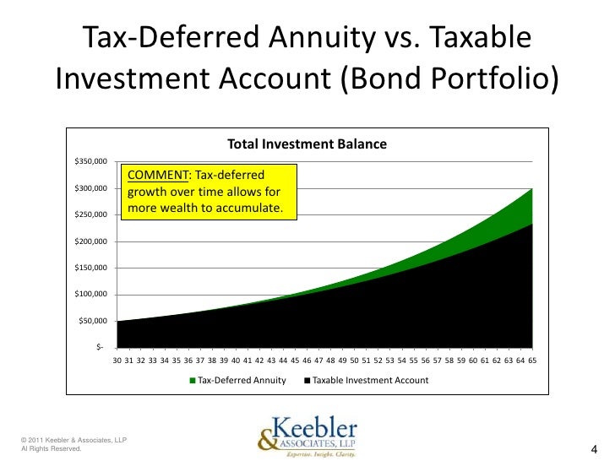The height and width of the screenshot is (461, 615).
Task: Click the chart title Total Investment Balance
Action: tap(307, 144)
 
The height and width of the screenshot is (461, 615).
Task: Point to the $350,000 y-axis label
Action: tap(90, 161)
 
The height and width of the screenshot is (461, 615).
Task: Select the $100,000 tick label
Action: tap(90, 294)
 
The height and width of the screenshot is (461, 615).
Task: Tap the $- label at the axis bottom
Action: tap(100, 347)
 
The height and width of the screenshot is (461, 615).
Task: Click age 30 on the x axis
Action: tap(117, 361)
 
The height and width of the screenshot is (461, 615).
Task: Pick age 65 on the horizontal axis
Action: tap(532, 361)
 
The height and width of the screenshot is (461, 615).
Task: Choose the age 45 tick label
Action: tap(295, 361)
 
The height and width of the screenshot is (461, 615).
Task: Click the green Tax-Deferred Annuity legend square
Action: tap(193, 380)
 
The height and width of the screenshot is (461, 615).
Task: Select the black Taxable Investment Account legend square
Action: tap(307, 380)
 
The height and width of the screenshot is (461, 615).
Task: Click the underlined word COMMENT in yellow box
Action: tap(158, 175)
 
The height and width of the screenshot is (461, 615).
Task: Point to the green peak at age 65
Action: tap(532, 189)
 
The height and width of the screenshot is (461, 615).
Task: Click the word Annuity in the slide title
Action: tap(322, 38)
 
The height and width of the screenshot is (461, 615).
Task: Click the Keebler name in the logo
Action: tap(314, 428)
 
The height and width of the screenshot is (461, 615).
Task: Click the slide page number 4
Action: tap(594, 449)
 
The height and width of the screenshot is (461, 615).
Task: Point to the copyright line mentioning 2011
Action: tap(73, 440)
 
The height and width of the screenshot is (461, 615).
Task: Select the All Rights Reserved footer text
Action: tap(51, 448)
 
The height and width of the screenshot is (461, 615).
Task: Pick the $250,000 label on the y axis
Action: tap(90, 214)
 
